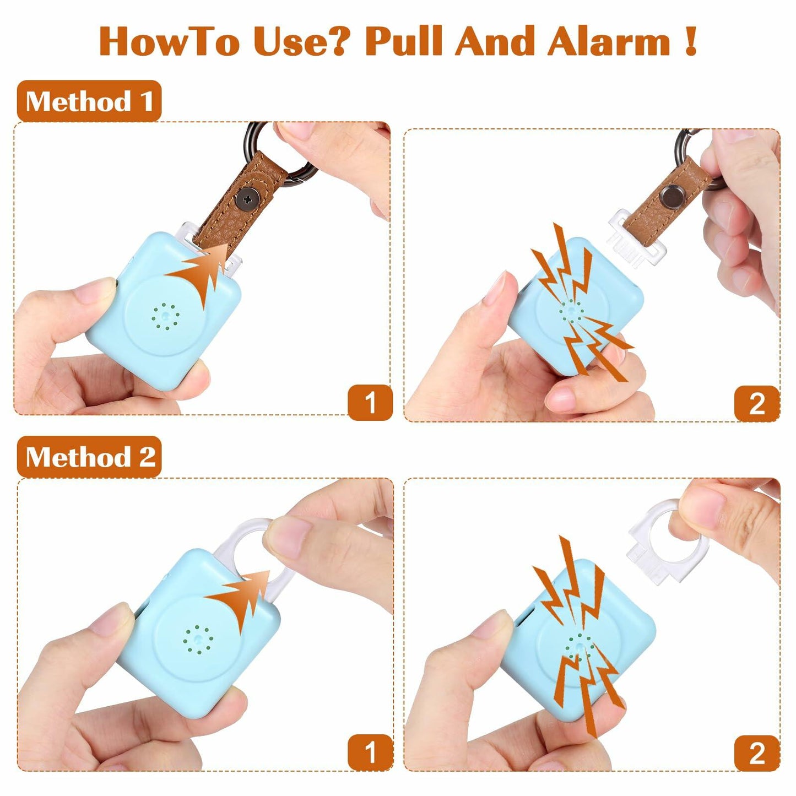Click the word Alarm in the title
609,42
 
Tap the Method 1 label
89,101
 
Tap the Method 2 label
89,457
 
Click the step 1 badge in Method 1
370,403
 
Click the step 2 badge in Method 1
757,404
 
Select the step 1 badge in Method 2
370,752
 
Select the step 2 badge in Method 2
757,753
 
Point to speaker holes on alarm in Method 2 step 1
198,639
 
